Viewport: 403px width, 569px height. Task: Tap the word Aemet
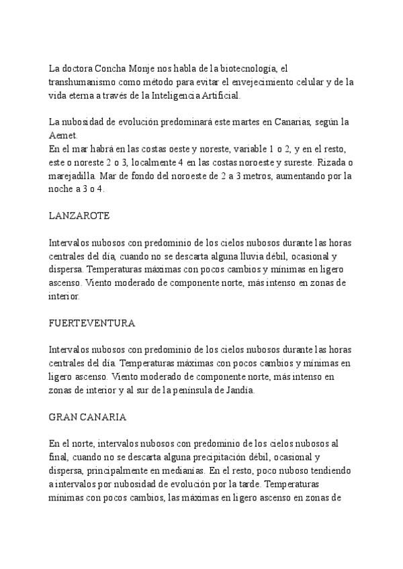[64, 135]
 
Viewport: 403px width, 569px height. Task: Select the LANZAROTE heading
[79, 216]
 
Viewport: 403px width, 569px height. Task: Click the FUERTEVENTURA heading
[93, 323]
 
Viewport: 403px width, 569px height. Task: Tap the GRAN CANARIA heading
[88, 417]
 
